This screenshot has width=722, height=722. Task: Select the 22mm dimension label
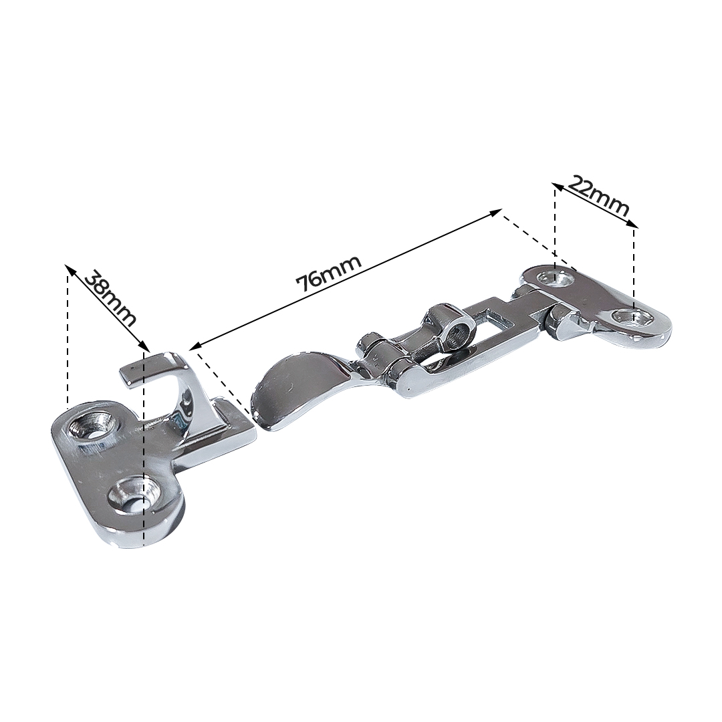coord(598,196)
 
